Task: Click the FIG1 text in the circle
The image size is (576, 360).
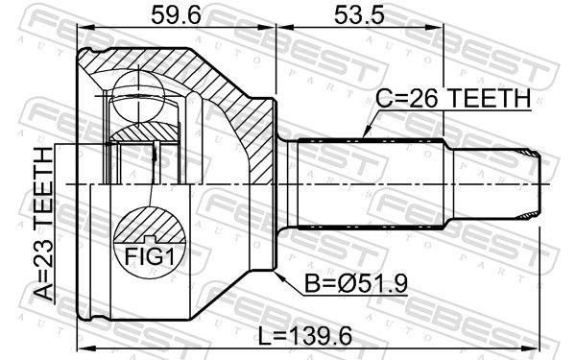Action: pyautogui.click(x=151, y=256)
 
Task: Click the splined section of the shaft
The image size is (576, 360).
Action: pyautogui.click(x=370, y=182)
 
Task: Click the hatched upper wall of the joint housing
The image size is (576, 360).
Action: pyautogui.click(x=192, y=72)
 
